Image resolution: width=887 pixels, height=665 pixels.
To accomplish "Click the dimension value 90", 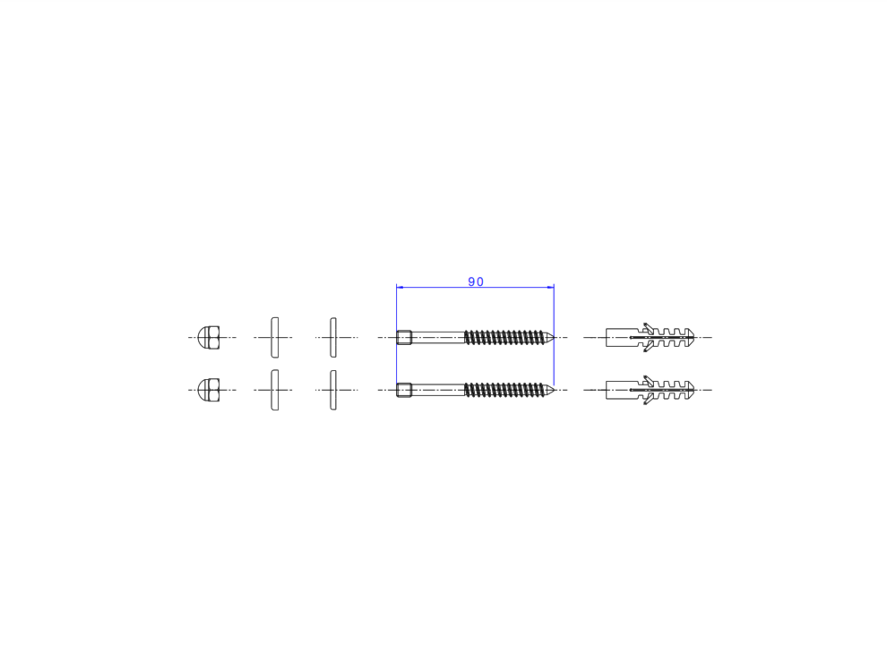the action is tap(476, 281).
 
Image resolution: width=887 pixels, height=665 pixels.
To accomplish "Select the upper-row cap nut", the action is tap(209, 337).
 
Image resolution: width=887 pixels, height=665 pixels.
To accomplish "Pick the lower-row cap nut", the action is tap(209, 390).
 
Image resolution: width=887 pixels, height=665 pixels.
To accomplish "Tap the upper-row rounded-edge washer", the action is tap(275, 337).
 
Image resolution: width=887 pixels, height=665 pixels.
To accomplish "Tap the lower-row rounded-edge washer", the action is tap(275, 390).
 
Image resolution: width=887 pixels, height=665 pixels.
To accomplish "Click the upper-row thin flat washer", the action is tap(333, 337).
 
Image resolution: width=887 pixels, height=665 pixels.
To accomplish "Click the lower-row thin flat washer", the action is tap(333, 390).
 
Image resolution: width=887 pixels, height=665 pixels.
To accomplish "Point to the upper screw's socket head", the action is tap(404, 337).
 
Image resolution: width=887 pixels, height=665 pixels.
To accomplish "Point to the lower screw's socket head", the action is tap(404, 390).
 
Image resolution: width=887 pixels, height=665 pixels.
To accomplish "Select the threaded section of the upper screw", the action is tap(505, 337).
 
